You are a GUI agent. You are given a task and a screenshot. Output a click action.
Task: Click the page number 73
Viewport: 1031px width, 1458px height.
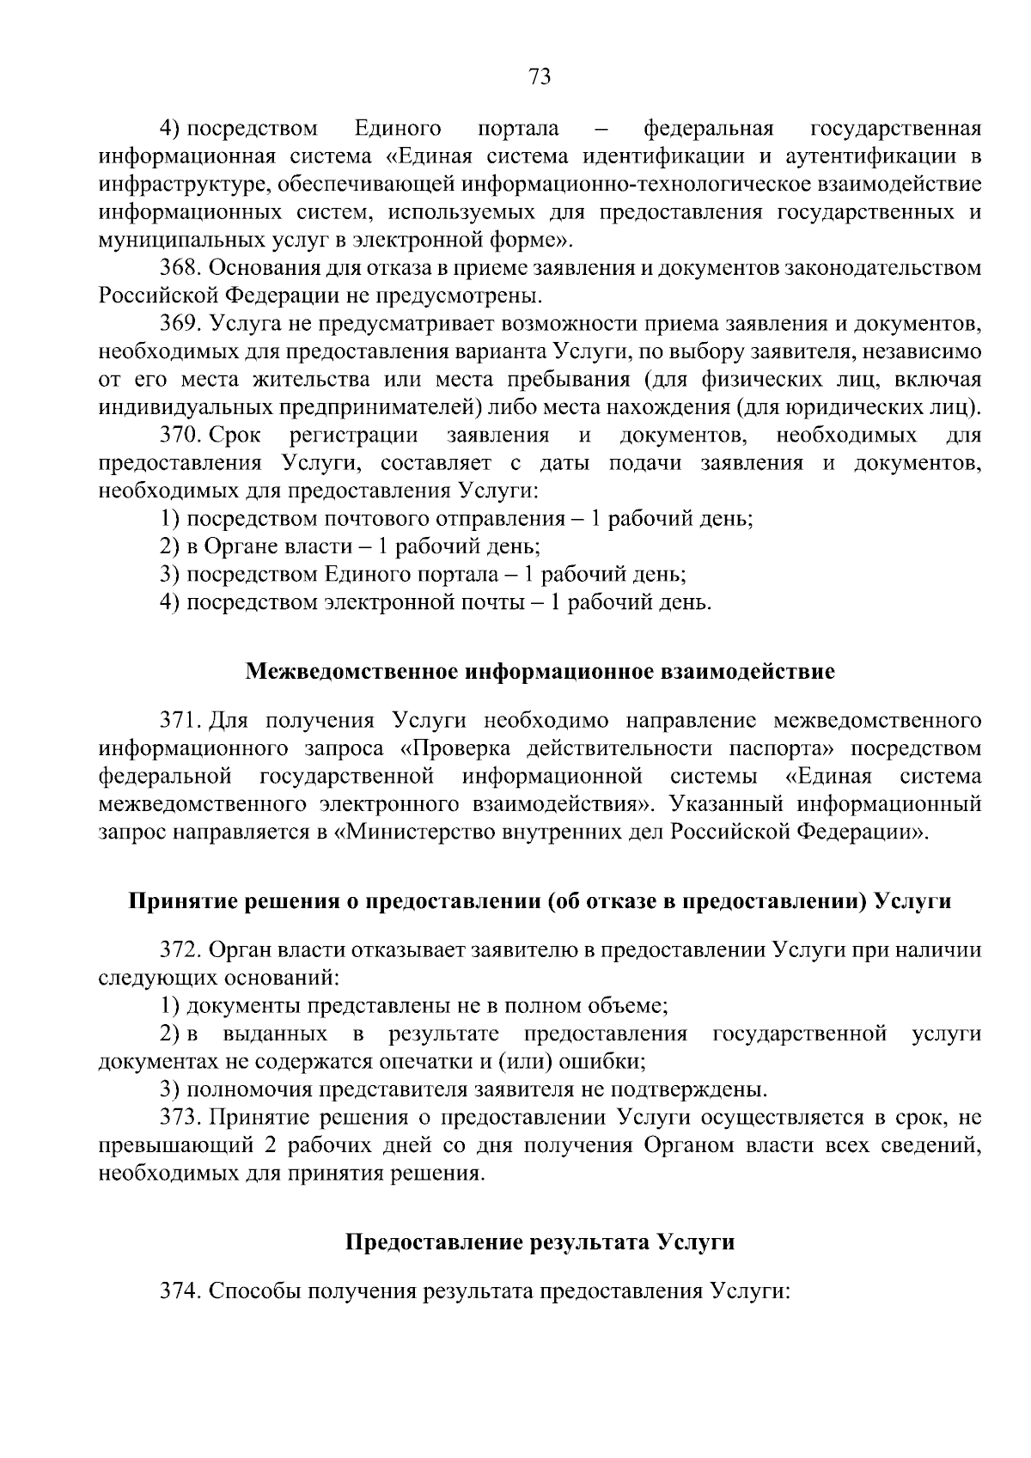[x=540, y=77]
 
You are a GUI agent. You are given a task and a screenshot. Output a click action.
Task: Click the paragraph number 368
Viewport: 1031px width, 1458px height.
[x=180, y=268]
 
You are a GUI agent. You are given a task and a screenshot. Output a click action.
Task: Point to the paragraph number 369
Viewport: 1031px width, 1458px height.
[x=180, y=324]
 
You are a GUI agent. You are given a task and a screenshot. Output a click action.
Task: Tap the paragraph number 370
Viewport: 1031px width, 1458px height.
[x=180, y=436]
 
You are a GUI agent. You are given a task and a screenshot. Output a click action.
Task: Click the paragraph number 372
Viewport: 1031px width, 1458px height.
[x=180, y=949]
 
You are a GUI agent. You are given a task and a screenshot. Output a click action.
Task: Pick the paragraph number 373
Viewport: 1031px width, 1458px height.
[x=180, y=1118]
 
